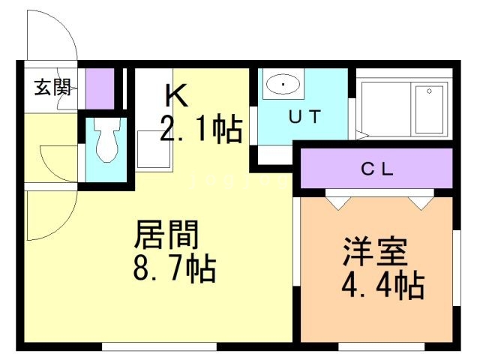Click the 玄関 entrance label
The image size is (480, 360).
(52, 87)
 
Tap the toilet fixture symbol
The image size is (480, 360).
(106, 140)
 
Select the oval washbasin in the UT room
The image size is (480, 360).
(283, 83)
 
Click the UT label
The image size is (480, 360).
(305, 116)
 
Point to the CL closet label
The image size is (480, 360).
(377, 169)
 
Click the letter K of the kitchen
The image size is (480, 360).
(177, 95)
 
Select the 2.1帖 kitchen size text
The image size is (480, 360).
(202, 128)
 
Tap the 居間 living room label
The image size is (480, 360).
(167, 235)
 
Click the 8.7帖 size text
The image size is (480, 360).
(175, 268)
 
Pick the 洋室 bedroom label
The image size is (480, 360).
(376, 251)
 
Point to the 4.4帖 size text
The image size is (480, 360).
(383, 285)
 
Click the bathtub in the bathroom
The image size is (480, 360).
(404, 109)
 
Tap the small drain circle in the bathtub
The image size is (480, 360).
(429, 91)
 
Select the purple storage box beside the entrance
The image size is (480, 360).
(100, 88)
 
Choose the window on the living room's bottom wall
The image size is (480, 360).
(159, 346)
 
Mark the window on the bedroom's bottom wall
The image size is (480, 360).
(382, 346)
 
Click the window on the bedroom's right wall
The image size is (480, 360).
(457, 268)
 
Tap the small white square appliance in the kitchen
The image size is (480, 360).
(153, 149)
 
